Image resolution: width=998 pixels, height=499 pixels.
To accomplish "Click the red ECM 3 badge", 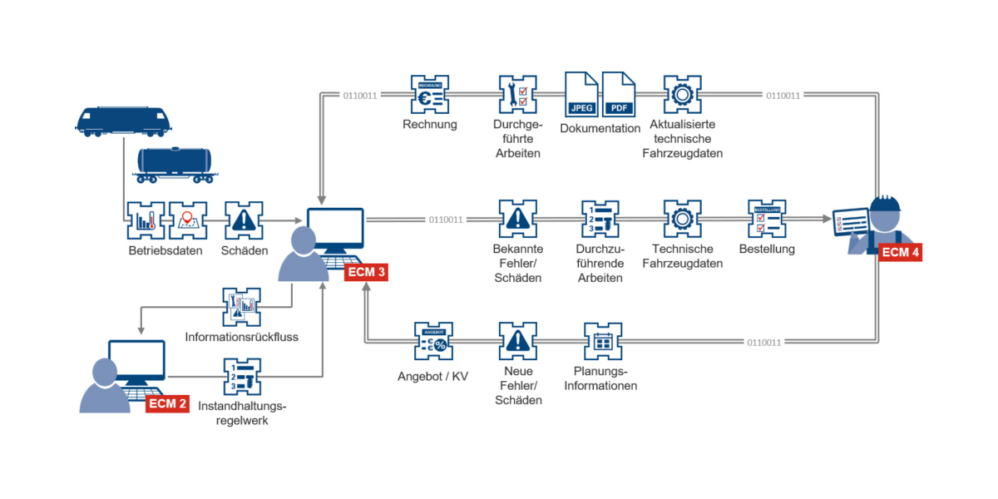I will coord(367,272).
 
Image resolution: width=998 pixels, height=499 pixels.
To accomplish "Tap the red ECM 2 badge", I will coord(167,404).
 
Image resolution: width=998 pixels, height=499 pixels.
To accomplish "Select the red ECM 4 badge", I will coord(900,251).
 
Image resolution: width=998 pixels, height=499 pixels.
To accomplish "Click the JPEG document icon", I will coord(581,94).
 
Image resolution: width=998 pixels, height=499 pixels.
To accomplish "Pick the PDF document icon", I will coord(619,94).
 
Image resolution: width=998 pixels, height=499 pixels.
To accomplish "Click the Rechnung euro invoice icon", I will coord(430,95).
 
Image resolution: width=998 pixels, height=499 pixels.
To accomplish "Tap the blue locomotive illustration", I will coord(123,121).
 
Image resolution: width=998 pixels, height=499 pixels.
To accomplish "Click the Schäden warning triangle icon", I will coord(244,220).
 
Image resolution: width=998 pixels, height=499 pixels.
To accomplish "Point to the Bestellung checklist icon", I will coord(766,219).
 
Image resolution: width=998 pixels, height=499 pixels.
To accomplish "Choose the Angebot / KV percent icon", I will coord(434,342).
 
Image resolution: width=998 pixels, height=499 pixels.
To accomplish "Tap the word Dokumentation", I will coord(600,129).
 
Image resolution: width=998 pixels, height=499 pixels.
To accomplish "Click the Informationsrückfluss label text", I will coord(242,338).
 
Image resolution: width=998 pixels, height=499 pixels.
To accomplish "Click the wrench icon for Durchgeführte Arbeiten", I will coord(518,95).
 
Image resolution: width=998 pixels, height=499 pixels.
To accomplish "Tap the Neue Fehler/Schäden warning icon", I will coord(518,342).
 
